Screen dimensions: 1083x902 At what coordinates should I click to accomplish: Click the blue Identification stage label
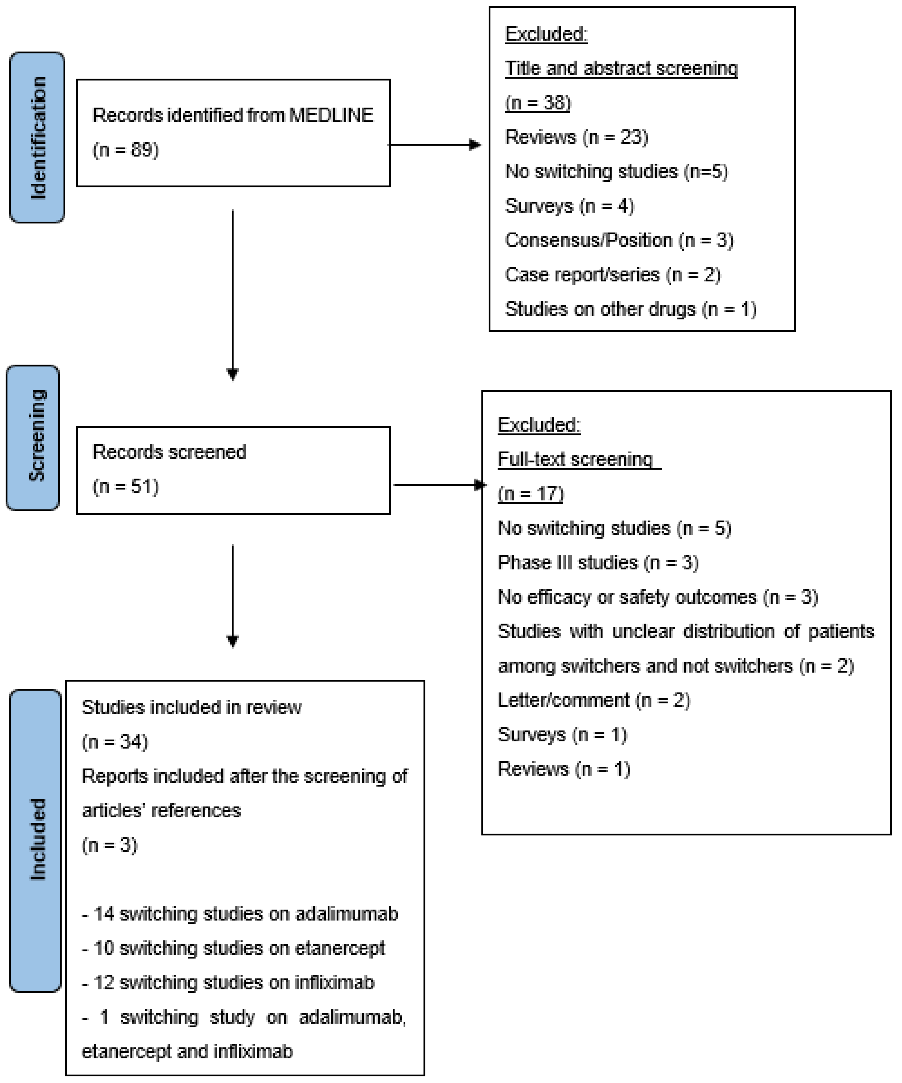tap(37, 137)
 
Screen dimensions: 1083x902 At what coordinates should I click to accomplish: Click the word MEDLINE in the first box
tap(331, 115)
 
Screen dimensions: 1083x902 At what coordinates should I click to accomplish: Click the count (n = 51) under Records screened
tap(125, 486)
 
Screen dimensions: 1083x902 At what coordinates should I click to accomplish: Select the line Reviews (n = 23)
tap(576, 137)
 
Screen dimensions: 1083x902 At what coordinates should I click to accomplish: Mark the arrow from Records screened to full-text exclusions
tap(438, 485)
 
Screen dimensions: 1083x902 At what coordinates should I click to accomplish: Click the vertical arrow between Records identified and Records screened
tap(233, 294)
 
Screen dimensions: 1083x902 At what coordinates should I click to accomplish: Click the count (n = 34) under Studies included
tap(115, 742)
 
